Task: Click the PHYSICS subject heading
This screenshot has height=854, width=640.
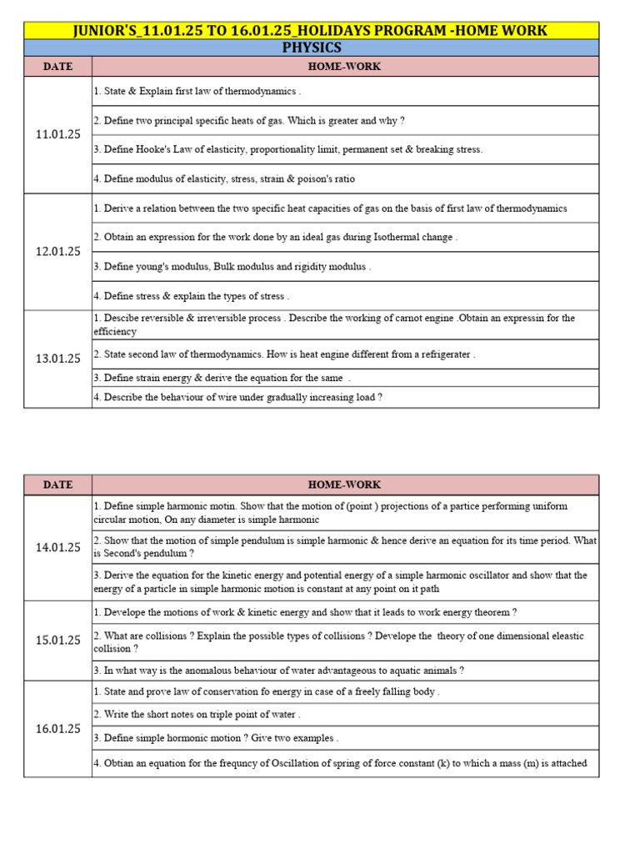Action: pos(312,48)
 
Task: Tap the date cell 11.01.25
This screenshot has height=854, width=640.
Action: pos(57,135)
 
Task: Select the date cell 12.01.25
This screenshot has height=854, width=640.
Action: pos(57,251)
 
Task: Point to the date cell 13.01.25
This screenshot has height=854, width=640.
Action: pos(57,359)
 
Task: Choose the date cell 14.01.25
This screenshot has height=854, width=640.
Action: pos(57,547)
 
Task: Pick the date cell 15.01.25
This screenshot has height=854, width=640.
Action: pos(57,640)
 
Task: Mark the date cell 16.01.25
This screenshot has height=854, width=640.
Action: pos(57,728)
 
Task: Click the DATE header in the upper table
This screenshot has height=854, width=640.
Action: pos(57,67)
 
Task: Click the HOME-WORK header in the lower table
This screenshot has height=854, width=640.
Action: pos(344,485)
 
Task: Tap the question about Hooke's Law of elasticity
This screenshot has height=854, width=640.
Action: pos(288,149)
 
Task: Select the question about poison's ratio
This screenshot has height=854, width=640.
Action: pos(224,178)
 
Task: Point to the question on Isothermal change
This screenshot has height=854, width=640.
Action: pos(276,237)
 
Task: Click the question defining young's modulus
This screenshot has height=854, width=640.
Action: pos(232,267)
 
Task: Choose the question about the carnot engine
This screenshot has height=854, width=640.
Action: pos(334,324)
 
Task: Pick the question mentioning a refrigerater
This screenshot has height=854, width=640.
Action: pos(284,354)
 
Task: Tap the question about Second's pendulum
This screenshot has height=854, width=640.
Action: pos(345,546)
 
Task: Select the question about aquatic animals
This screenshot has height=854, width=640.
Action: pos(279,671)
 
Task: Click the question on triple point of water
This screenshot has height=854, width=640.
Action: pos(197,714)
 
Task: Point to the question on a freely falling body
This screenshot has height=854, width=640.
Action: pos(267,691)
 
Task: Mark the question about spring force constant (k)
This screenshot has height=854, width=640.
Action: pos(340,763)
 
